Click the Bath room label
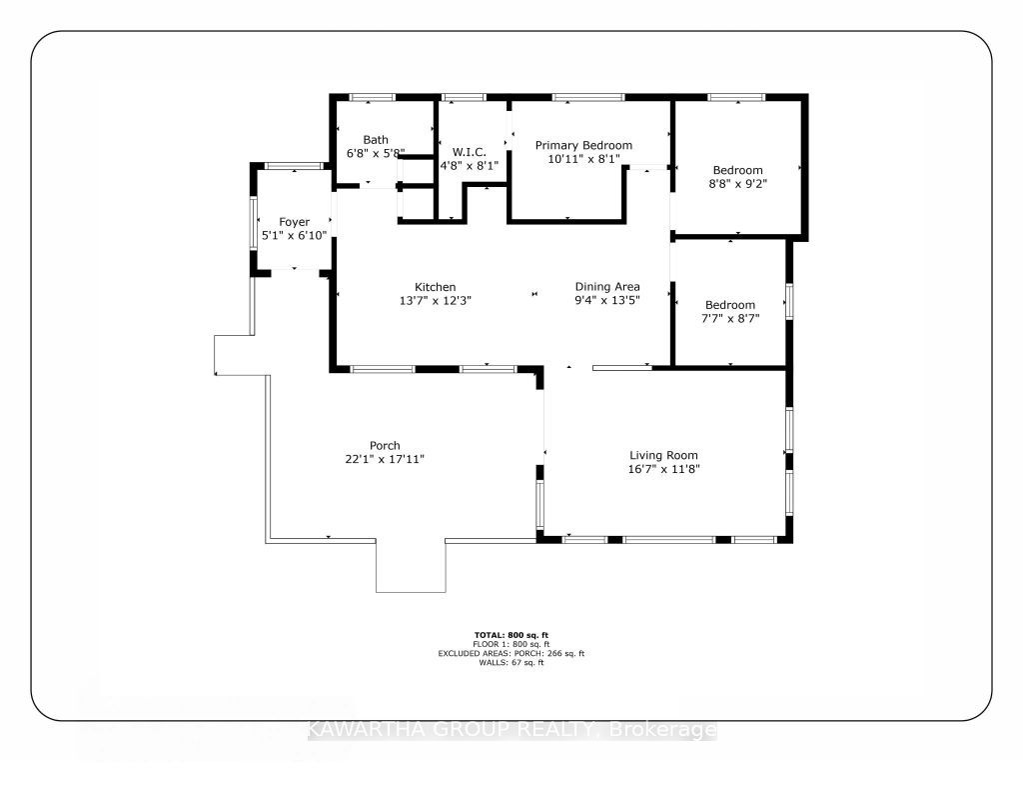coord(376,139)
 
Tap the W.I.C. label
coord(470,152)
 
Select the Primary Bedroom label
coord(583,145)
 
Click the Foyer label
coord(295,222)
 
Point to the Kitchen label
coord(436,287)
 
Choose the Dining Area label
coord(606,286)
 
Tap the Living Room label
coord(663,455)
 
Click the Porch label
coord(385,445)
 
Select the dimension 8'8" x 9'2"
coord(737,184)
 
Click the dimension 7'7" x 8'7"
coord(730,319)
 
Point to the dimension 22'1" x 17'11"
coord(385,459)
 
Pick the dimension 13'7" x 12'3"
coord(436,300)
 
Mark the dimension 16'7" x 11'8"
coord(663,469)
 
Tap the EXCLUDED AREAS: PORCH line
coord(511,653)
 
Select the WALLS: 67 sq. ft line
coord(511,662)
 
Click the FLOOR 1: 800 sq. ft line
coord(511,644)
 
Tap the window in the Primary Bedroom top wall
coord(588,97)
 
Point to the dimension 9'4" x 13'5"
coord(606,300)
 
